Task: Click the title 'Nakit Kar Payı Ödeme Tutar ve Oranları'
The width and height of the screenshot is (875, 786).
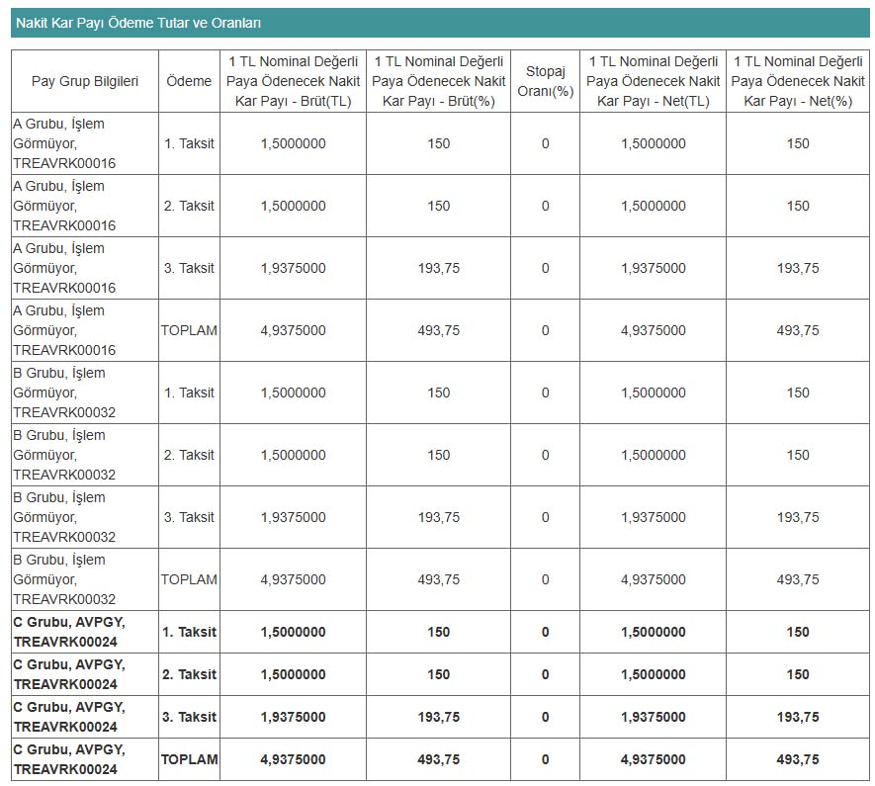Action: coord(138,23)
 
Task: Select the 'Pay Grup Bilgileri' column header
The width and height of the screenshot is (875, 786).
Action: coord(85,81)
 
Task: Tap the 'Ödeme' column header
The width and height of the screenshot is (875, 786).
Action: coord(189,81)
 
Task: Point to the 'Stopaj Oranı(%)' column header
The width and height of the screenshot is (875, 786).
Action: coord(545,81)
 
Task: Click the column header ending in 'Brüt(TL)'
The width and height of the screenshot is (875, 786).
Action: coord(293,81)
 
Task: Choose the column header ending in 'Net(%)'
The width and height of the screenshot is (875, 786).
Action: coord(798,81)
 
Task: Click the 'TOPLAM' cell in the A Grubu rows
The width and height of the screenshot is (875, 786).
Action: coord(189,330)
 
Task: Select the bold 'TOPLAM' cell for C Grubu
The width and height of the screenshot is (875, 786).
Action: coord(189,759)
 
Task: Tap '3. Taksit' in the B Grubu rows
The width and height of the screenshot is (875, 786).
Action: coord(189,517)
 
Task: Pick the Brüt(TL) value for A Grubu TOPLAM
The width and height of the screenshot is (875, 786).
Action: coord(293,330)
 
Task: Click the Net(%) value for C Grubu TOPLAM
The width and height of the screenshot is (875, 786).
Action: coord(798,759)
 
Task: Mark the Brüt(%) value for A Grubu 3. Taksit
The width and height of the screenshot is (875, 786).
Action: coord(439,268)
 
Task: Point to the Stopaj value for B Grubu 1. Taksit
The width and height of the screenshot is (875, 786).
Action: coord(545,393)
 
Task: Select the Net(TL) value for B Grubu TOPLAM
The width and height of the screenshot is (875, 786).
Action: coord(654,579)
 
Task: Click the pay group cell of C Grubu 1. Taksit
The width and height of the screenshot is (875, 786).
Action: coord(69,632)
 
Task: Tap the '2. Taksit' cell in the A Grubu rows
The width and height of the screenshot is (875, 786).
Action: coord(189,206)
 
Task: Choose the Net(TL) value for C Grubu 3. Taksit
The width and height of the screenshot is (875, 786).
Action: coord(654,717)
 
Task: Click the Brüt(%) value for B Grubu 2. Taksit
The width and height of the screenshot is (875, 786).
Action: coord(439,455)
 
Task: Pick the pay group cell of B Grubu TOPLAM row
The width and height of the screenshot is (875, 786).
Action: coord(64,579)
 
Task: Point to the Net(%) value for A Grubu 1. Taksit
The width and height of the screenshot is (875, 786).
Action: coord(798,143)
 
